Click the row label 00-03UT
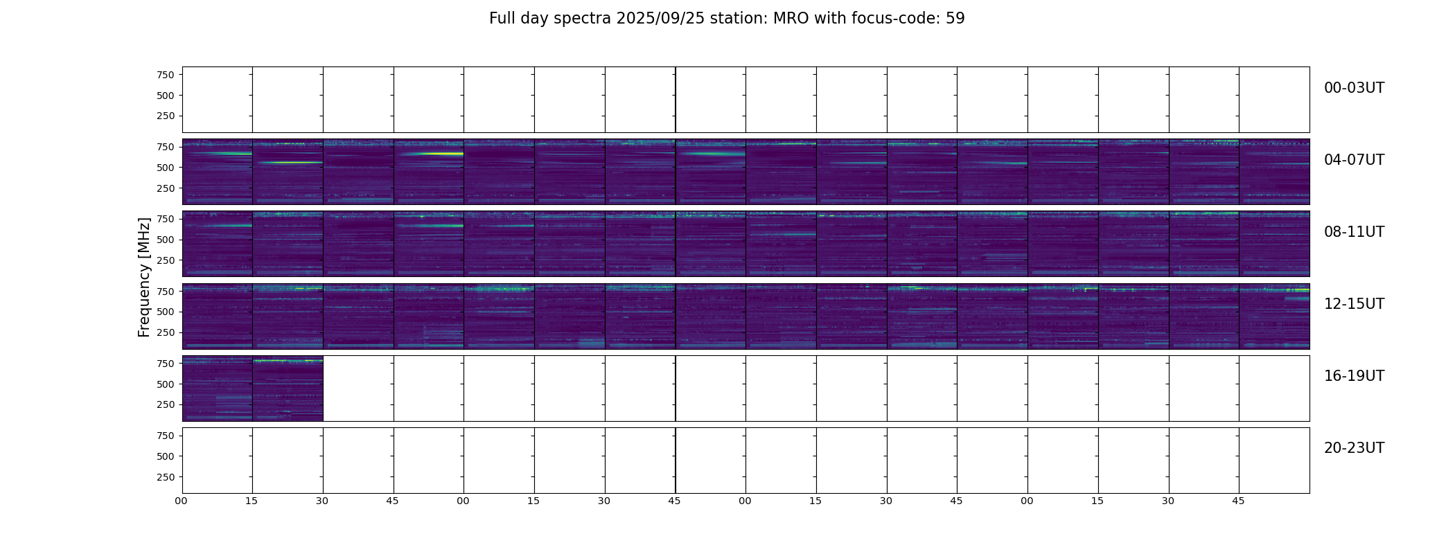[1354, 88]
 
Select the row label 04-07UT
[1354, 160]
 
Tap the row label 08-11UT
[1354, 232]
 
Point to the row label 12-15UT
[1354, 304]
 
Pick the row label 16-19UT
[1354, 376]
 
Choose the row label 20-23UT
[1354, 448]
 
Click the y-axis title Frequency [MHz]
[144, 277]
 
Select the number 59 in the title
[955, 19]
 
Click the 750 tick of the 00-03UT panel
[166, 75]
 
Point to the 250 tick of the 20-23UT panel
[166, 477]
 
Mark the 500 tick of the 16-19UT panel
[166, 384]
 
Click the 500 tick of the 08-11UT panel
[166, 240]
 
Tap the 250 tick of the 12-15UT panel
[166, 332]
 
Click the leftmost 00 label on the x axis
[182, 501]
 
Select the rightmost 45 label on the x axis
[1238, 501]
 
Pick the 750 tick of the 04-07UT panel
[166, 147]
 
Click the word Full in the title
[501, 19]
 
